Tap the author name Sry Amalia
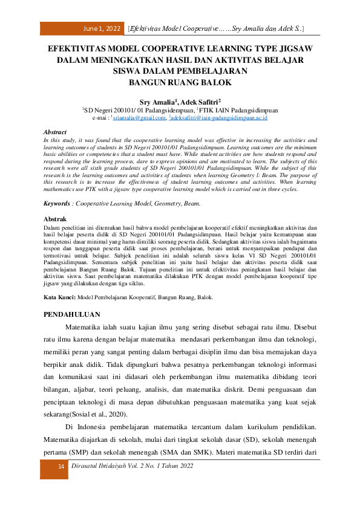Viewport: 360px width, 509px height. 155,102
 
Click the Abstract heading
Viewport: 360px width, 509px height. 55,132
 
